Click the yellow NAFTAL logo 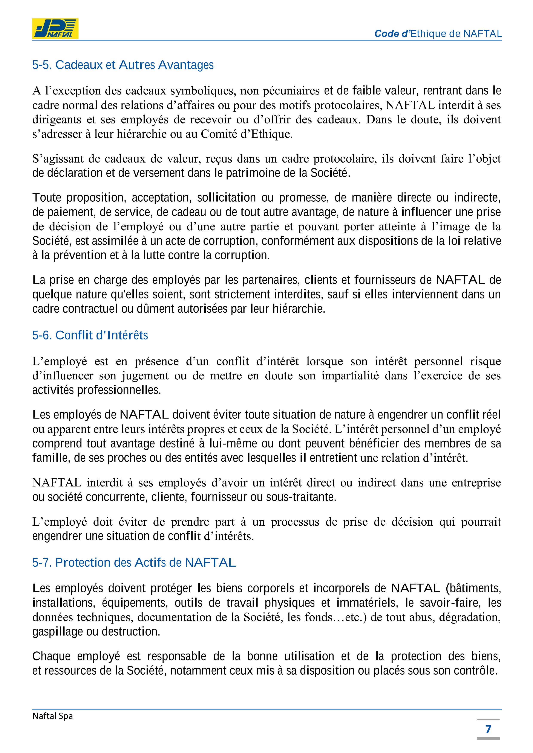[x=55, y=29]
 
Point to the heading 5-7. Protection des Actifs [x=134, y=563]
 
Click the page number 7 [x=488, y=729]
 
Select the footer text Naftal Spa [x=52, y=716]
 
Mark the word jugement [x=145, y=376]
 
